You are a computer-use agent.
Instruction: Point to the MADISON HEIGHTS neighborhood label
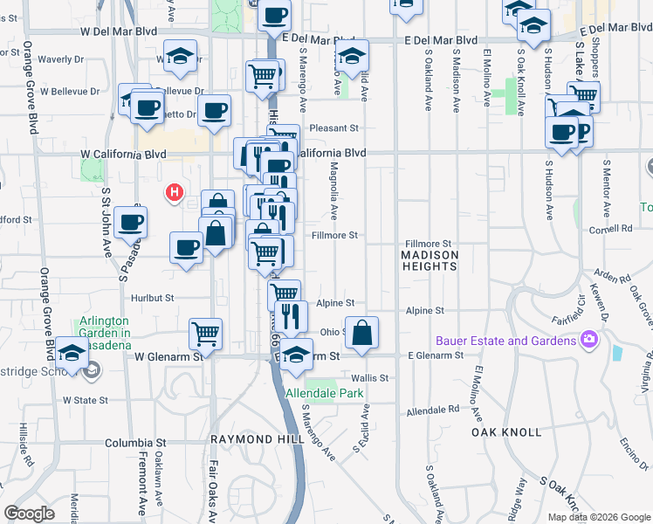pyautogui.click(x=430, y=259)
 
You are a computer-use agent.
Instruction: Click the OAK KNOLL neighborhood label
pyautogui.click(x=506, y=432)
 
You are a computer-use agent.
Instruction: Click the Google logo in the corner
pyautogui.click(x=30, y=514)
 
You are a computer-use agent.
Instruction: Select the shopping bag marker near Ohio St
pyautogui.click(x=361, y=332)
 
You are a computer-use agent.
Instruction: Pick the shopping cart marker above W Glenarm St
pyautogui.click(x=205, y=334)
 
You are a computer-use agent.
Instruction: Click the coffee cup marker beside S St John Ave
pyautogui.click(x=131, y=222)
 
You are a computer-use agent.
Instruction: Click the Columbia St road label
pyautogui.click(x=134, y=443)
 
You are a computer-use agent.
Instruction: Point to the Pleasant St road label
pyautogui.click(x=333, y=128)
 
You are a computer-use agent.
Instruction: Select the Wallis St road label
pyautogui.click(x=369, y=377)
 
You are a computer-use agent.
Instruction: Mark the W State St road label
pyautogui.click(x=85, y=400)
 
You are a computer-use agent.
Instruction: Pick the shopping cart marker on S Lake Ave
pyautogui.click(x=582, y=96)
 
